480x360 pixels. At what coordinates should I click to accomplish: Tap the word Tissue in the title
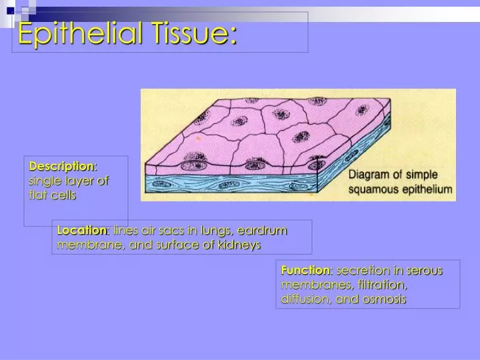tap(193, 33)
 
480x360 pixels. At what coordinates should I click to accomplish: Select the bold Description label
tap(62, 165)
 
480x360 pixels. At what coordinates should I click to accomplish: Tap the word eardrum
tap(262, 230)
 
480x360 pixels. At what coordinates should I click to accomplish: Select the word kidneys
tap(237, 245)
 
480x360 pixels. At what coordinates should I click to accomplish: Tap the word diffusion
tap(303, 299)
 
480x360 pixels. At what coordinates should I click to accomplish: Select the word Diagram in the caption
tap(371, 175)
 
